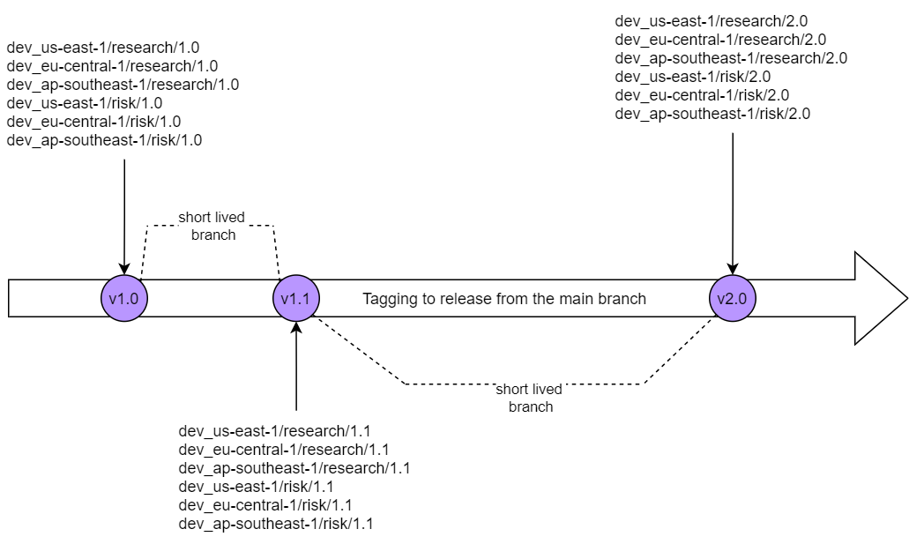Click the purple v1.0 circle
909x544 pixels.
point(123,299)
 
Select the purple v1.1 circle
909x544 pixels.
point(295,299)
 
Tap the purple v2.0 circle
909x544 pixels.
point(732,299)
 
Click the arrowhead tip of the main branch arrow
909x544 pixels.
point(905,299)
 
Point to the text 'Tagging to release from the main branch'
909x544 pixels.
point(504,299)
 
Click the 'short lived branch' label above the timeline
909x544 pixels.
point(212,226)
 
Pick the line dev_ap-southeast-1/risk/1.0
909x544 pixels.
point(104,139)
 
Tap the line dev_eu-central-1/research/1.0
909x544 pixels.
point(112,66)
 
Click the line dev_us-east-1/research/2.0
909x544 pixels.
point(711,21)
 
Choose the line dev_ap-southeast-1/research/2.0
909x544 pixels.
point(731,58)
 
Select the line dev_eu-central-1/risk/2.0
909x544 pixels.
point(702,95)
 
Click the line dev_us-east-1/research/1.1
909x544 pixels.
point(275,431)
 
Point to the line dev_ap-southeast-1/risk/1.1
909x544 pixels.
point(276,524)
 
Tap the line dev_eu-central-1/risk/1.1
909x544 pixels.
point(265,505)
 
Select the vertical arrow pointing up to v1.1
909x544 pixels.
point(296,366)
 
